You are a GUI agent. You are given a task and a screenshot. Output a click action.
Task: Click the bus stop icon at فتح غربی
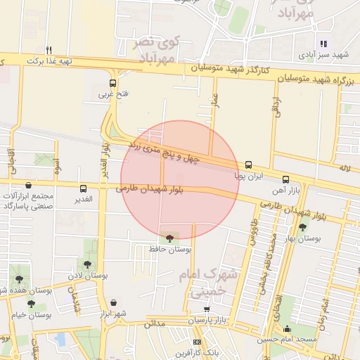coord(113,83)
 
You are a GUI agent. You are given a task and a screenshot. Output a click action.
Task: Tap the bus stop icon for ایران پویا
coord(248,165)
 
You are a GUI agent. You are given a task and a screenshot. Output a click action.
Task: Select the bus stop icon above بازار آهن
coord(285,179)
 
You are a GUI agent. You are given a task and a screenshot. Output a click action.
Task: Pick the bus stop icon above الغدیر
coord(84,188)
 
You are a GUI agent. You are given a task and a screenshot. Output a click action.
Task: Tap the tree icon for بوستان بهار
coord(303,227)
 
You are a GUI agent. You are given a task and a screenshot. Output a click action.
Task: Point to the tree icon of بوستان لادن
coord(87,264)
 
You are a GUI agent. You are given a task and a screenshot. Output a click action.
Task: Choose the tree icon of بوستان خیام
coord(31,303)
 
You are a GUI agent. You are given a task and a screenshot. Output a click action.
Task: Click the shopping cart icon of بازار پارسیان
coord(206,309)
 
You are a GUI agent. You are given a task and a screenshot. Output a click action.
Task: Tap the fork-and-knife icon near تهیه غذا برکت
coord(49,50)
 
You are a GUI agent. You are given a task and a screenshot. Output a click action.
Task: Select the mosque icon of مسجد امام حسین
coord(287,329)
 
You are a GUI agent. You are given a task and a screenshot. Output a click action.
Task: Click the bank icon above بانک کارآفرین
coord(196,341)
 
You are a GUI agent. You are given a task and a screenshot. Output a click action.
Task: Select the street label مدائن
coord(155,323)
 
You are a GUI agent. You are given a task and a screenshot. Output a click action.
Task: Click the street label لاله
coord(344,168)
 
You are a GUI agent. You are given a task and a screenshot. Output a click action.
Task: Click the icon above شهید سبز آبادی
coord(323,43)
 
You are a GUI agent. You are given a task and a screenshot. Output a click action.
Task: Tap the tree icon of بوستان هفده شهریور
coord(19,279)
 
